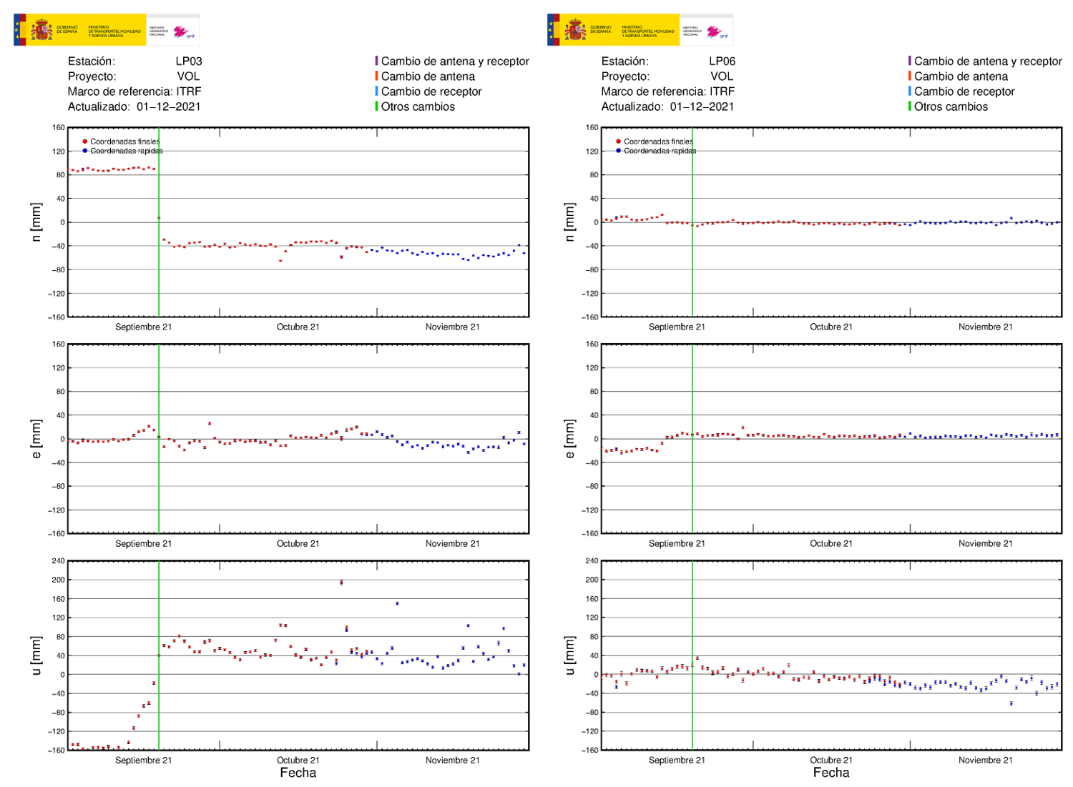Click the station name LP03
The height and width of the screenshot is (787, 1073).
pos(189,61)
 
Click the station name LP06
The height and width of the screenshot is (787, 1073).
pos(722,61)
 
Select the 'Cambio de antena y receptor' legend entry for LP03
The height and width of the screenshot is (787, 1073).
pos(454,61)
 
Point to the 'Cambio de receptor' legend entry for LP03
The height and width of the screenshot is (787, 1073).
pos(431,91)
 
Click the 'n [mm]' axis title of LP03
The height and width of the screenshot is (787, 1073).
pos(36,222)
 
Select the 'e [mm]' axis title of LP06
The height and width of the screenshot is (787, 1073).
pos(569,439)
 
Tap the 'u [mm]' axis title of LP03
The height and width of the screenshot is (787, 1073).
pos(36,655)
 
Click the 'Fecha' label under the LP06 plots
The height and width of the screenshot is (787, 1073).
pos(831,773)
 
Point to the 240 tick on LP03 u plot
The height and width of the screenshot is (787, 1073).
pos(58,561)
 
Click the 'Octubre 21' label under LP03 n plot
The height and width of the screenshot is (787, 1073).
pos(298,327)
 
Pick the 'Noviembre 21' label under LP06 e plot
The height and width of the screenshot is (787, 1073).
pos(985,544)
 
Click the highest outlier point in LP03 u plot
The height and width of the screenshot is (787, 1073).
pos(341,583)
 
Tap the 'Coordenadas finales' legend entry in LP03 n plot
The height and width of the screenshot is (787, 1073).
pos(124,142)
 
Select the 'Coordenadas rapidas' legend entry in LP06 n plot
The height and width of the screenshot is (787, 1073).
pos(659,151)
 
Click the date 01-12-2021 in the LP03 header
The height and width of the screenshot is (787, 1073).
pos(169,107)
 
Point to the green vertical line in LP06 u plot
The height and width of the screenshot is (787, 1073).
pos(692,708)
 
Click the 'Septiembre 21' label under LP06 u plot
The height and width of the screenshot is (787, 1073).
pos(677,761)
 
